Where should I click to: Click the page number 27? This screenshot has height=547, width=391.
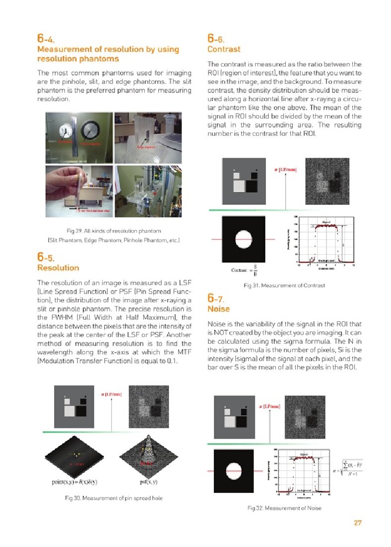pos(357,523)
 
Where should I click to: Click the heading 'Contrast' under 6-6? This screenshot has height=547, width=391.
pos(224,49)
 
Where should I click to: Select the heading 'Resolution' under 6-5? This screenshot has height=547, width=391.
pos(58,268)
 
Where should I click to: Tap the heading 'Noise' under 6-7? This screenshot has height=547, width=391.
pos(219,309)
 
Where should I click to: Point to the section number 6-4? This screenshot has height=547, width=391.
pos(46,38)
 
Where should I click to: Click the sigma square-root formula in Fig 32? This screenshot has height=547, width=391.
pos(350,466)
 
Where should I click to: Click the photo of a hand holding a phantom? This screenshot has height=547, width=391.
pos(78,191)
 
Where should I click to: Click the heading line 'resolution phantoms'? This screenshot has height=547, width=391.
pos(78,59)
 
